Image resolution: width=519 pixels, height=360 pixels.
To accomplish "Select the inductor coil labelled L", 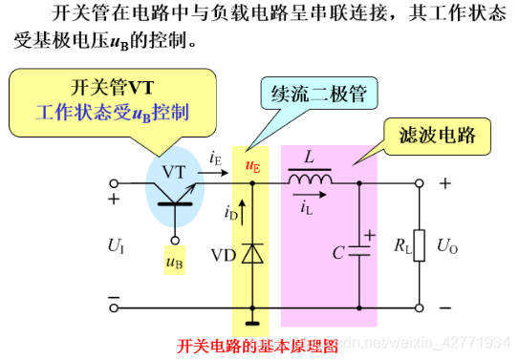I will [310, 180].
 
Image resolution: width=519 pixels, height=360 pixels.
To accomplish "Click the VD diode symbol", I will [252, 253].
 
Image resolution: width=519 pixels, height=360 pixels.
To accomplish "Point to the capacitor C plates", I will [359, 251].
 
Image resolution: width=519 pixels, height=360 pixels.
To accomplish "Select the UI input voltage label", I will [117, 245].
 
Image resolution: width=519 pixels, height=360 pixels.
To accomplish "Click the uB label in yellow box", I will [175, 261].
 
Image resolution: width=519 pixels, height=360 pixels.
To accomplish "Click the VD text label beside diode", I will [224, 255].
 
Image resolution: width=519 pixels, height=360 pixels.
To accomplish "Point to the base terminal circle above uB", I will [175, 241].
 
